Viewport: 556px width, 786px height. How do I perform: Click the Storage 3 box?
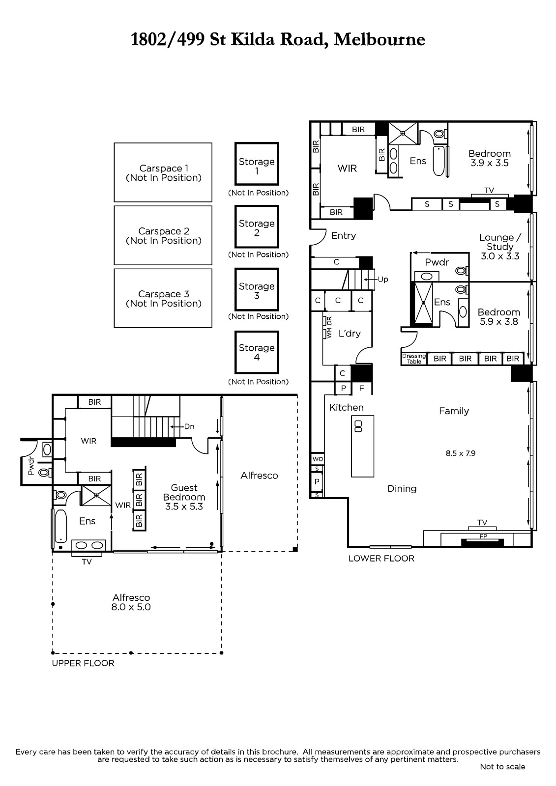[257, 290]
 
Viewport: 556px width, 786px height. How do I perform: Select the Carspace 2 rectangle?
[163, 235]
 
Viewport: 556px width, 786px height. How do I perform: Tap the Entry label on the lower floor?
[344, 235]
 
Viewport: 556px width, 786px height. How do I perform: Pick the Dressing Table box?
[414, 359]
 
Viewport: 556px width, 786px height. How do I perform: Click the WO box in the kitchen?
[318, 459]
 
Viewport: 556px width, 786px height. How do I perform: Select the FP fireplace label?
[483, 536]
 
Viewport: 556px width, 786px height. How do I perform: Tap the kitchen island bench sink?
[358, 426]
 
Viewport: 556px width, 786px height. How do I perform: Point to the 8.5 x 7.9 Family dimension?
[461, 453]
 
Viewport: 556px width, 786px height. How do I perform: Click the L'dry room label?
[350, 334]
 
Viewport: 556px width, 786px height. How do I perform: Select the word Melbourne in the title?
[380, 39]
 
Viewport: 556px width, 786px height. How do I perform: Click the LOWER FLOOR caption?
[381, 558]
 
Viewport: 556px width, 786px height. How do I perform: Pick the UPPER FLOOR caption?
[83, 663]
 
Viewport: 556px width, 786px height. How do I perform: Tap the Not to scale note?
[502, 767]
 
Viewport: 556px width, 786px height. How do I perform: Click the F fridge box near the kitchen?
[362, 388]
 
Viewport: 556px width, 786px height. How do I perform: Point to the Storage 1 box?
[257, 164]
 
